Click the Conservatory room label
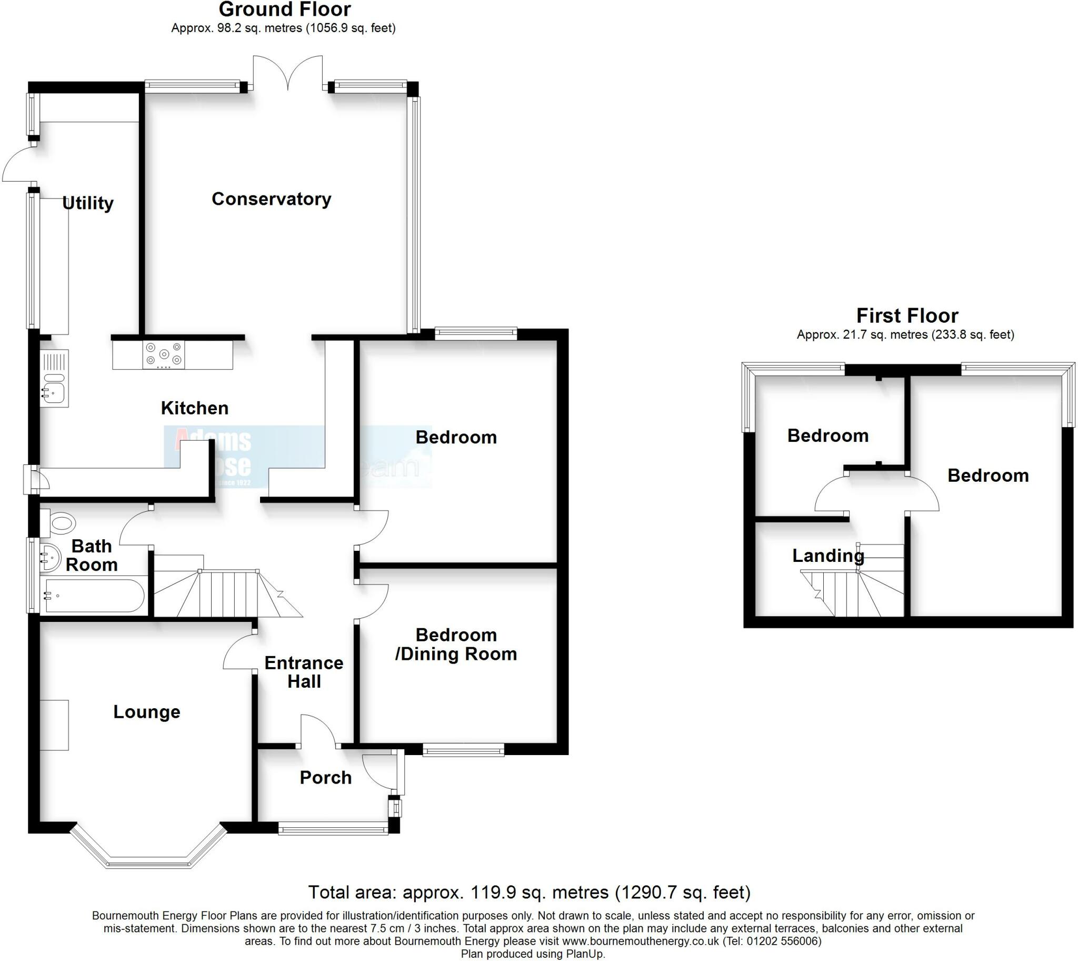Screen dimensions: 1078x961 272,199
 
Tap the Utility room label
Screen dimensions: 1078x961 87,203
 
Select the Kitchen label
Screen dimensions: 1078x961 194,408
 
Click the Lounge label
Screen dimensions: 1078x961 147,712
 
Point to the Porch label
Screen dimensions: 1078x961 325,777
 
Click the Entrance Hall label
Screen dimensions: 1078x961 304,671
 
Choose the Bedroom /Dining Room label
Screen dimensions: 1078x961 456,644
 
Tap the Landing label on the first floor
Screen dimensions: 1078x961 828,555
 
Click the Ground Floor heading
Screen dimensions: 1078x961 285,9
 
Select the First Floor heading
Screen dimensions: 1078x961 907,316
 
